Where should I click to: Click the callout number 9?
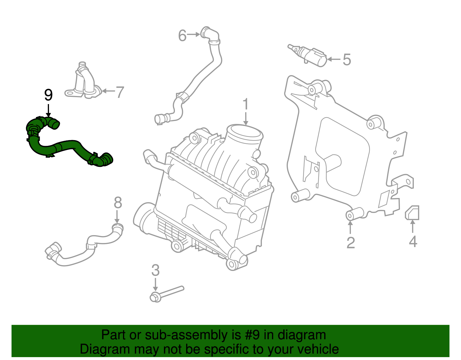[48, 95]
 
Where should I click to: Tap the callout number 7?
[119, 92]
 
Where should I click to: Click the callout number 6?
[182, 36]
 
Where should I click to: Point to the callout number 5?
[347, 60]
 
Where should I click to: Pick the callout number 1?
[245, 104]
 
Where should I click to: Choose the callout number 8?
[118, 203]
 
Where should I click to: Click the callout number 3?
[155, 270]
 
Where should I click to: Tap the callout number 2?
[350, 243]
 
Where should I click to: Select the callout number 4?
[413, 242]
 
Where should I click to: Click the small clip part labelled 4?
[412, 213]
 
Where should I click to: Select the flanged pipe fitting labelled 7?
[84, 82]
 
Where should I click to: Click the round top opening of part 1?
[245, 133]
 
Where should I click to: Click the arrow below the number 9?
[48, 111]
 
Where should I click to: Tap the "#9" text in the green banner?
[252, 335]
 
